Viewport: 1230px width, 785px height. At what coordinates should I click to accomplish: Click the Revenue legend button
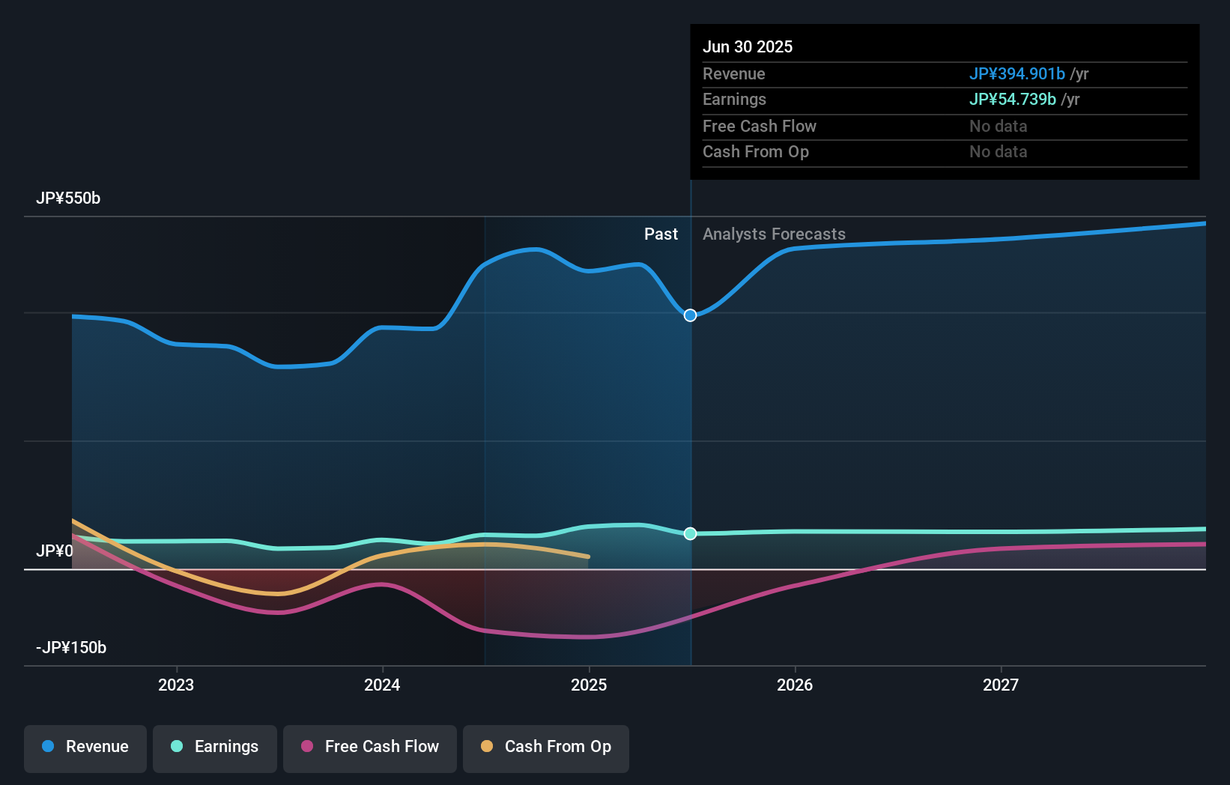(85, 747)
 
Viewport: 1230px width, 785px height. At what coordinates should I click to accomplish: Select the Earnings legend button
(215, 747)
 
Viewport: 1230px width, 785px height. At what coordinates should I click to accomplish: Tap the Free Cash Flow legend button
(370, 747)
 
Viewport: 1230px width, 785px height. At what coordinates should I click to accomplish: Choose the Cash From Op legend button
(546, 747)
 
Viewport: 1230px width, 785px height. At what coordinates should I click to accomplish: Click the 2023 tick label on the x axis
(176, 685)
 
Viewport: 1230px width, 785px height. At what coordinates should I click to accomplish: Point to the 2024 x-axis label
(382, 685)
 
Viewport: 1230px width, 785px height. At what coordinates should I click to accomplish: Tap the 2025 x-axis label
(589, 685)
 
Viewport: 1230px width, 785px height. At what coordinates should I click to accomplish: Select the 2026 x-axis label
(795, 685)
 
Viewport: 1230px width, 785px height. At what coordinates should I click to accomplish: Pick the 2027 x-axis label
(1001, 685)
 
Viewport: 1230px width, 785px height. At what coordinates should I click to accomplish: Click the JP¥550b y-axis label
(68, 198)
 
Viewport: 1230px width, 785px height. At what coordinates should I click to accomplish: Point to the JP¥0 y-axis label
(55, 551)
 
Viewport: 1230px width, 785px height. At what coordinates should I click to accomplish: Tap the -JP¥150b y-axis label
(71, 648)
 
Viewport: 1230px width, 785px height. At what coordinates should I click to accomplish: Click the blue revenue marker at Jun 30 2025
(691, 315)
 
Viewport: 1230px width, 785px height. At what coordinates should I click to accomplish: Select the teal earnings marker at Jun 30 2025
(691, 533)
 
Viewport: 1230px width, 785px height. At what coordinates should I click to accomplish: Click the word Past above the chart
(661, 234)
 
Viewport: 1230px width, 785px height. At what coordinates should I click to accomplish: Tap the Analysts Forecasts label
(774, 234)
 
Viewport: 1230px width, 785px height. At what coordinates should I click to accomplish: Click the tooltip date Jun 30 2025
(748, 47)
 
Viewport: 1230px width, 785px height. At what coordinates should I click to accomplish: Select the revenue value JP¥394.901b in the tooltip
(1017, 74)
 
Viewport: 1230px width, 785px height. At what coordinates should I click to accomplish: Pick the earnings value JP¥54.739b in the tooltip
(1012, 100)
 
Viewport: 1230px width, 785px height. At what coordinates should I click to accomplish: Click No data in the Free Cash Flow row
(998, 127)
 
